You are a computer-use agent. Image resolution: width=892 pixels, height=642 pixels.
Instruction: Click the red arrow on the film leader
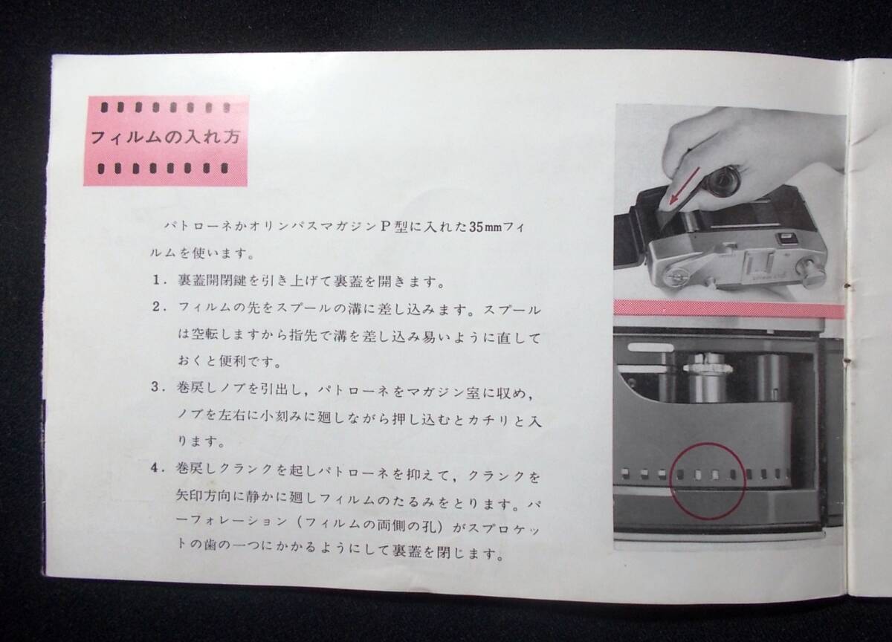coord(684,187)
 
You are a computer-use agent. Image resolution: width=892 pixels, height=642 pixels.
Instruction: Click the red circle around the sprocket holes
coord(707,481)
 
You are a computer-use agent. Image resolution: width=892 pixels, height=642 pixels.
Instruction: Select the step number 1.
coord(158,281)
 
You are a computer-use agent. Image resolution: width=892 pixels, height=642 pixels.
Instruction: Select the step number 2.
coord(158,308)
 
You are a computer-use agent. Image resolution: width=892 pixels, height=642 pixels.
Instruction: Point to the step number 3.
coord(157,387)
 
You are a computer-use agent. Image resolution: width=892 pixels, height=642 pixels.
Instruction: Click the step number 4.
coord(157,468)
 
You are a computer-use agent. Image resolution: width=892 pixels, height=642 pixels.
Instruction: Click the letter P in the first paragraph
coord(385,227)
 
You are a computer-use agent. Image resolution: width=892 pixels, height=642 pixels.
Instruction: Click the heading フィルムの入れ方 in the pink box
coord(165,137)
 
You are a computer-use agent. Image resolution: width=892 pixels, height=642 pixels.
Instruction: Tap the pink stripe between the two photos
coord(729,309)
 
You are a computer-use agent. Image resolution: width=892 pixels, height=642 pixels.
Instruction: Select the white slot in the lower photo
coord(650,347)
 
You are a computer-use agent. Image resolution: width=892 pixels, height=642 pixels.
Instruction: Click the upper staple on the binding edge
coord(848,285)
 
